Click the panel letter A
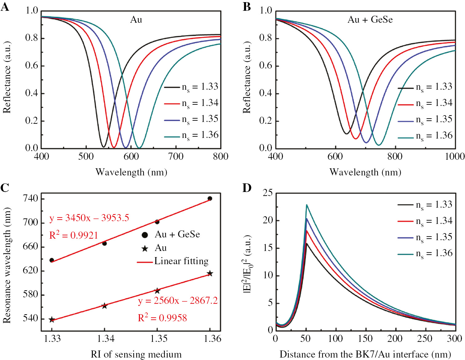(5, 7)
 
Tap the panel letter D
(247, 188)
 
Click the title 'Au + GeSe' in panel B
(370, 20)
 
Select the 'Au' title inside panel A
(136, 20)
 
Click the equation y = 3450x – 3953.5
(89, 218)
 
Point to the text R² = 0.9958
(162, 318)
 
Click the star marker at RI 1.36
(210, 273)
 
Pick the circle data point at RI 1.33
(52, 260)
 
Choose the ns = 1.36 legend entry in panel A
(191, 135)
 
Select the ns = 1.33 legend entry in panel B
(425, 87)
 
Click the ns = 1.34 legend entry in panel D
(425, 221)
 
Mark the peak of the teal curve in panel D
(307, 205)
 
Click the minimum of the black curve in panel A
(104, 147)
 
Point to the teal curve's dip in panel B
(379, 145)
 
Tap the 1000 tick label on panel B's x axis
(455, 156)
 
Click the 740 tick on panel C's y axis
(31, 198)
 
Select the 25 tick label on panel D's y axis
(268, 193)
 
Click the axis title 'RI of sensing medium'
(136, 354)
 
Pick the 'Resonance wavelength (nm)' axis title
(7, 265)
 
